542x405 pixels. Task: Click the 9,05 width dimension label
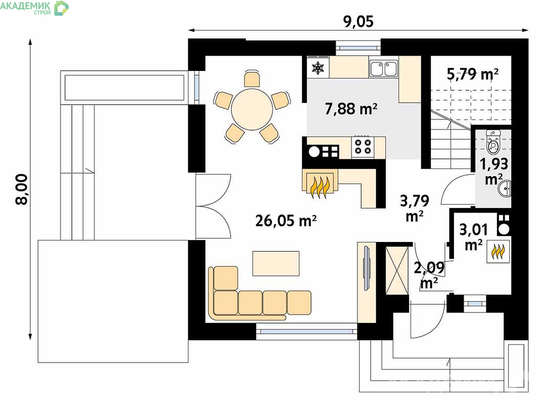[358, 21]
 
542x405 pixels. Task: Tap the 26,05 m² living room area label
[286, 221]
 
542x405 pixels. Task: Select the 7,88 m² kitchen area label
[351, 109]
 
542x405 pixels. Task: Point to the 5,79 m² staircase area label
[473, 74]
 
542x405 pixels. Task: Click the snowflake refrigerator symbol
[318, 68]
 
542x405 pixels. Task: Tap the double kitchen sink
[384, 68]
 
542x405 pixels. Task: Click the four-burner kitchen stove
[363, 147]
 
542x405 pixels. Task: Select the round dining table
[252, 109]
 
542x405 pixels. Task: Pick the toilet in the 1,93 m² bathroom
[493, 142]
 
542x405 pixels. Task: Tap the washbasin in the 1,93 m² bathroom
[505, 189]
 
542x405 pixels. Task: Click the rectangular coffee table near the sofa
[276, 263]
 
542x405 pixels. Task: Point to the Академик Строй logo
[34, 8]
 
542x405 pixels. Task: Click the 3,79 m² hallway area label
[415, 208]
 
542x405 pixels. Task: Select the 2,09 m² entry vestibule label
[429, 275]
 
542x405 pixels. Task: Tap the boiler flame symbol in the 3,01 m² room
[498, 252]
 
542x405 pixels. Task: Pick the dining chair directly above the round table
[252, 79]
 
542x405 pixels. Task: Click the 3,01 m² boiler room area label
[474, 237]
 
